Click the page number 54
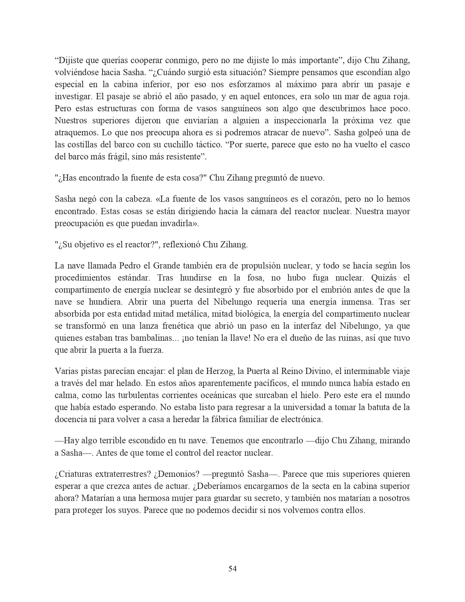tap(232, 568)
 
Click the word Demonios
tap(178, 474)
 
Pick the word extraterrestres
tap(122, 474)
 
